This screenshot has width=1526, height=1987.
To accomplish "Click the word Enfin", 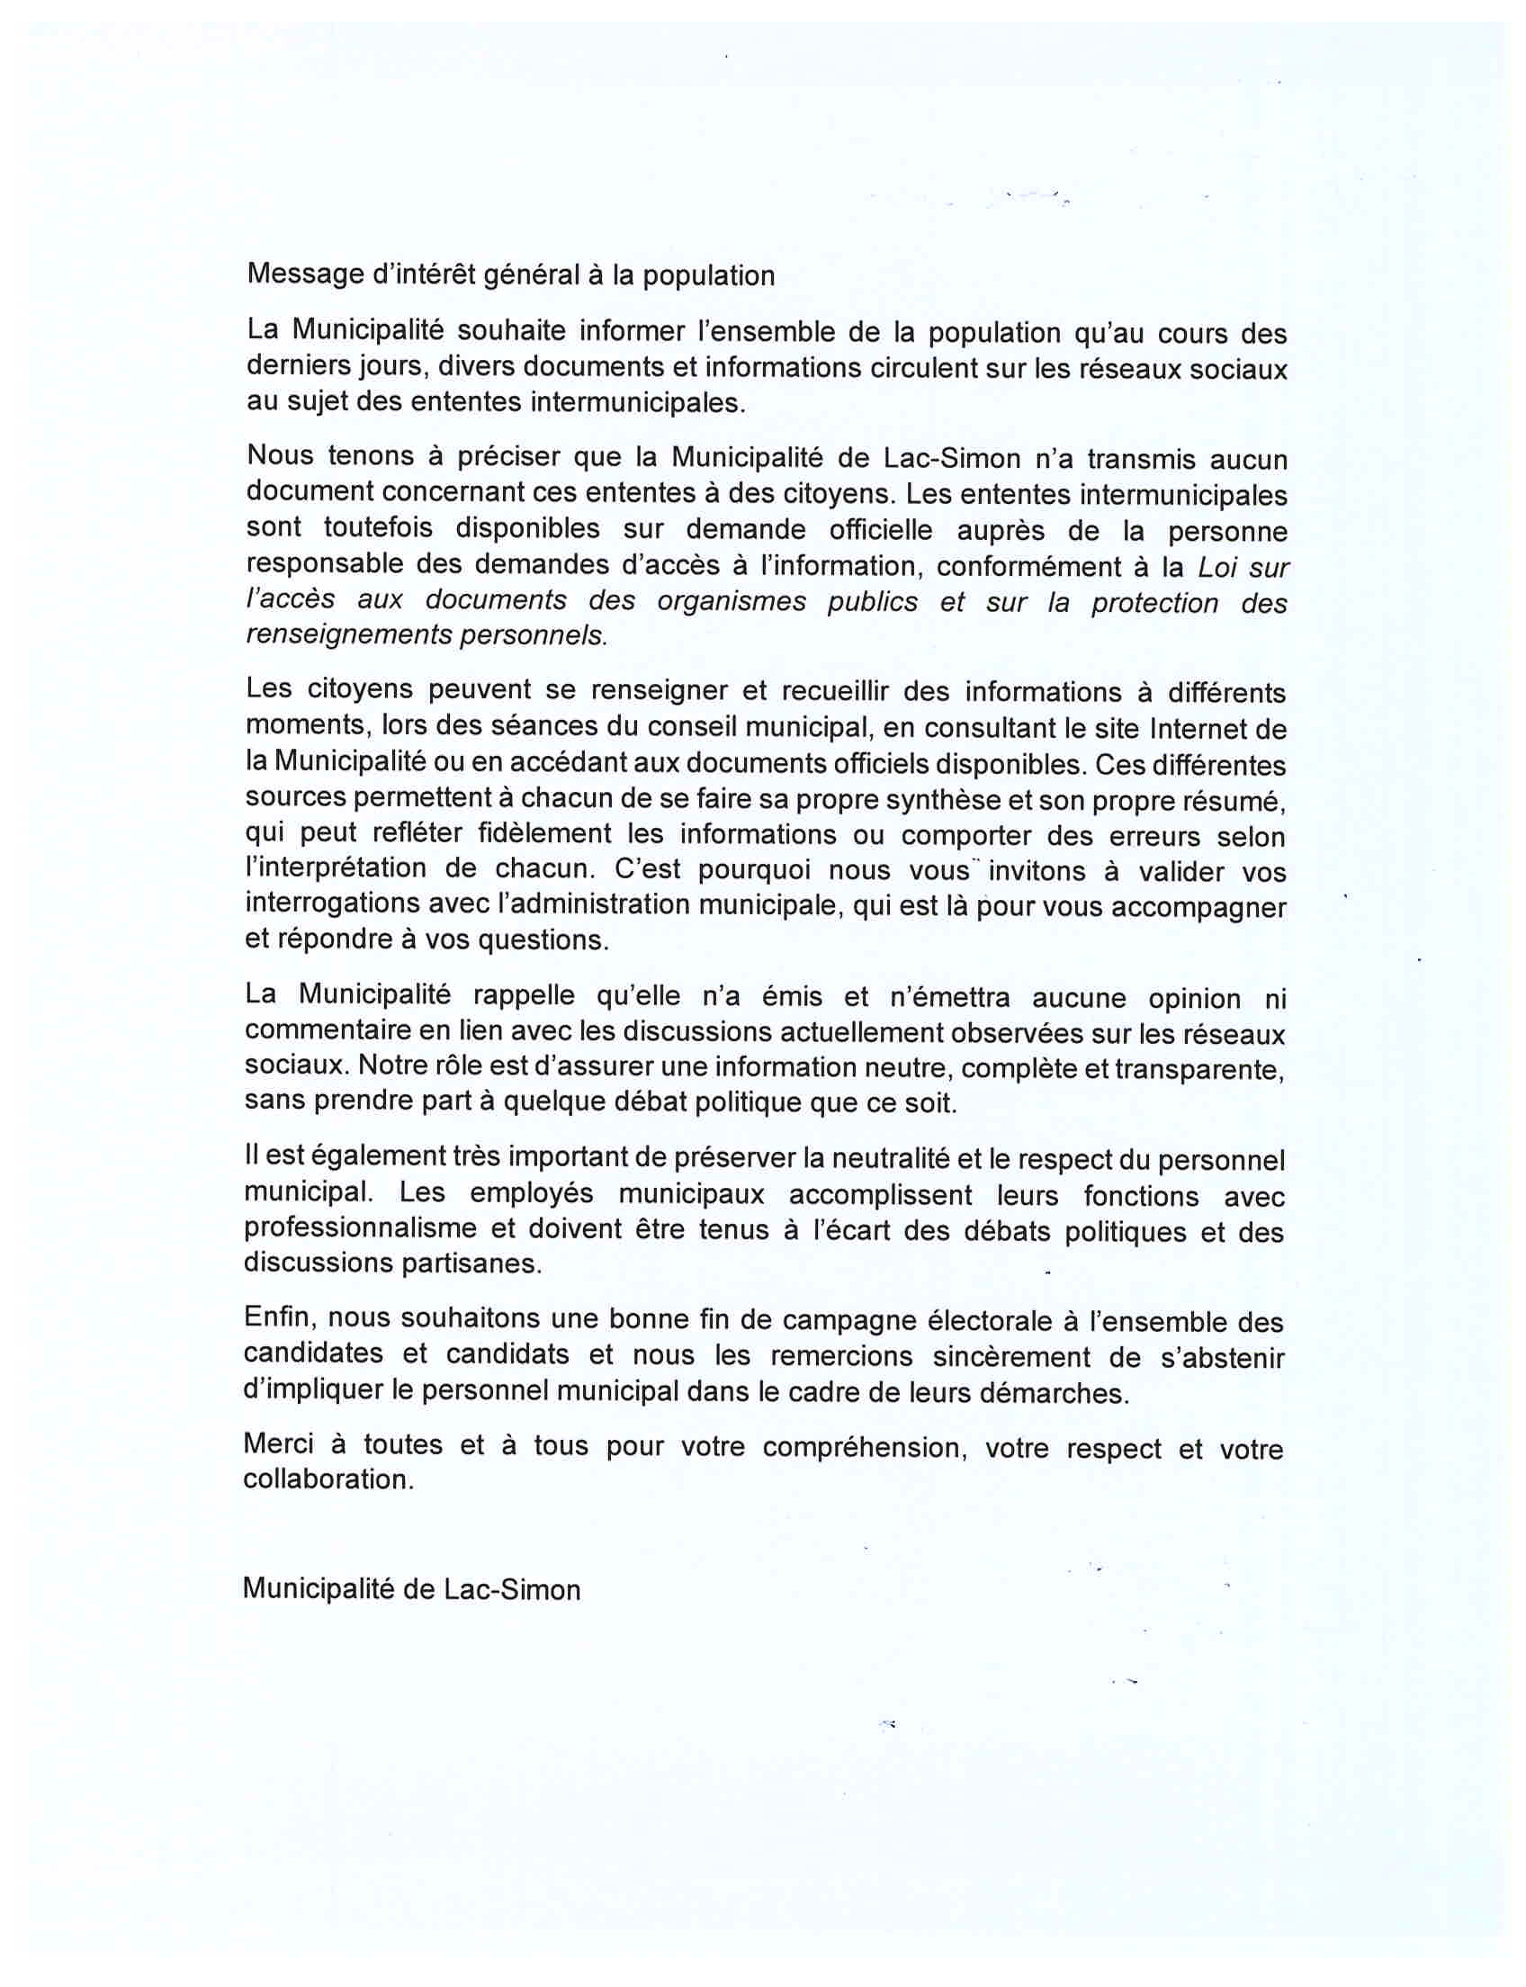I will (x=279, y=1318).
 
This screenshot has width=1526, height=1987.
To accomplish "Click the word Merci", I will (x=279, y=1444).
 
